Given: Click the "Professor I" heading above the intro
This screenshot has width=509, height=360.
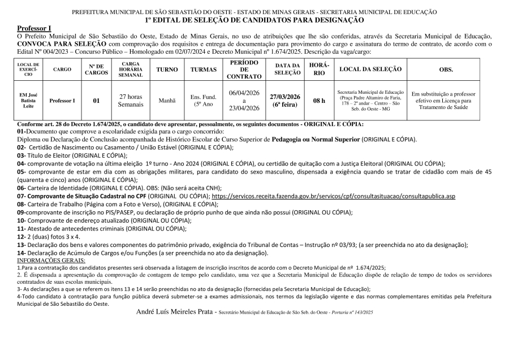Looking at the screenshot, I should [x=34, y=28].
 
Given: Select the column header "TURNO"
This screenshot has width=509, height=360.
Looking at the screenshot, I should [x=167, y=69].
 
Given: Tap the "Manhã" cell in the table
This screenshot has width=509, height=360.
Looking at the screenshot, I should [x=167, y=101].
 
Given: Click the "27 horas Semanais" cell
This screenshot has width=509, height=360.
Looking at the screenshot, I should [x=131, y=101].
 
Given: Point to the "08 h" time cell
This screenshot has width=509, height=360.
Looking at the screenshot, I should [x=320, y=101].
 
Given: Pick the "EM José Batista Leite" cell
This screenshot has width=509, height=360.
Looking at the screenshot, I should [x=28, y=101].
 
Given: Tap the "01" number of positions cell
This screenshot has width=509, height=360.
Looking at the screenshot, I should [x=97, y=101].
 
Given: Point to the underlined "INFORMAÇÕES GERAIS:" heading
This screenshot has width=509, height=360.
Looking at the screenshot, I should [x=51, y=260].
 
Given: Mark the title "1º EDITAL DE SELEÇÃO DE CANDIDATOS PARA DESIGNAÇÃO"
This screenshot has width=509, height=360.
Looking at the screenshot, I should [x=255, y=20].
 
